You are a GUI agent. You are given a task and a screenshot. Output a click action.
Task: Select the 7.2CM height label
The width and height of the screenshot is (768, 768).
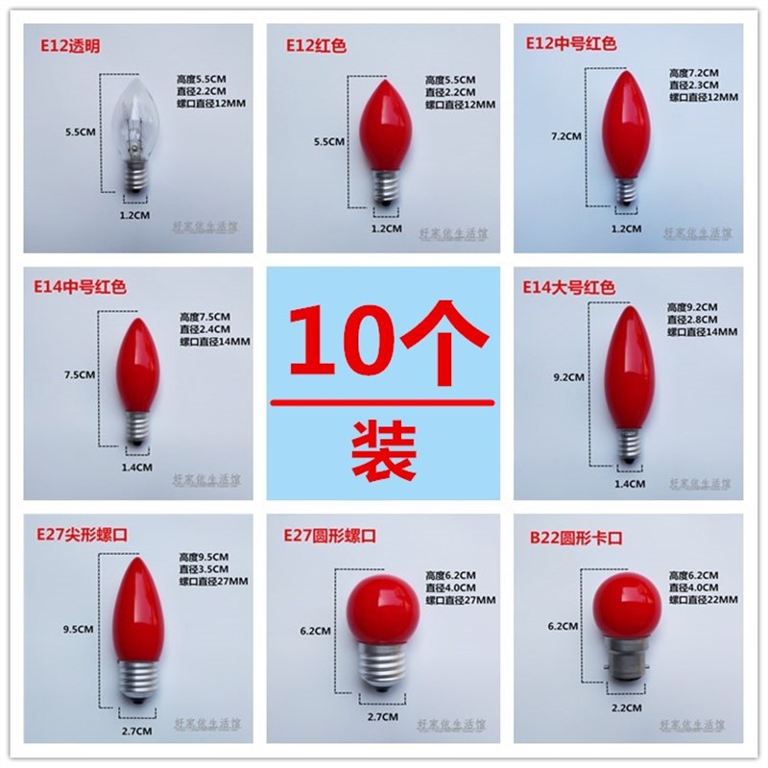click(x=567, y=136)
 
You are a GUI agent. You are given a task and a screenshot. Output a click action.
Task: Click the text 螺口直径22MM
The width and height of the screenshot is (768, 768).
click(x=703, y=599)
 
